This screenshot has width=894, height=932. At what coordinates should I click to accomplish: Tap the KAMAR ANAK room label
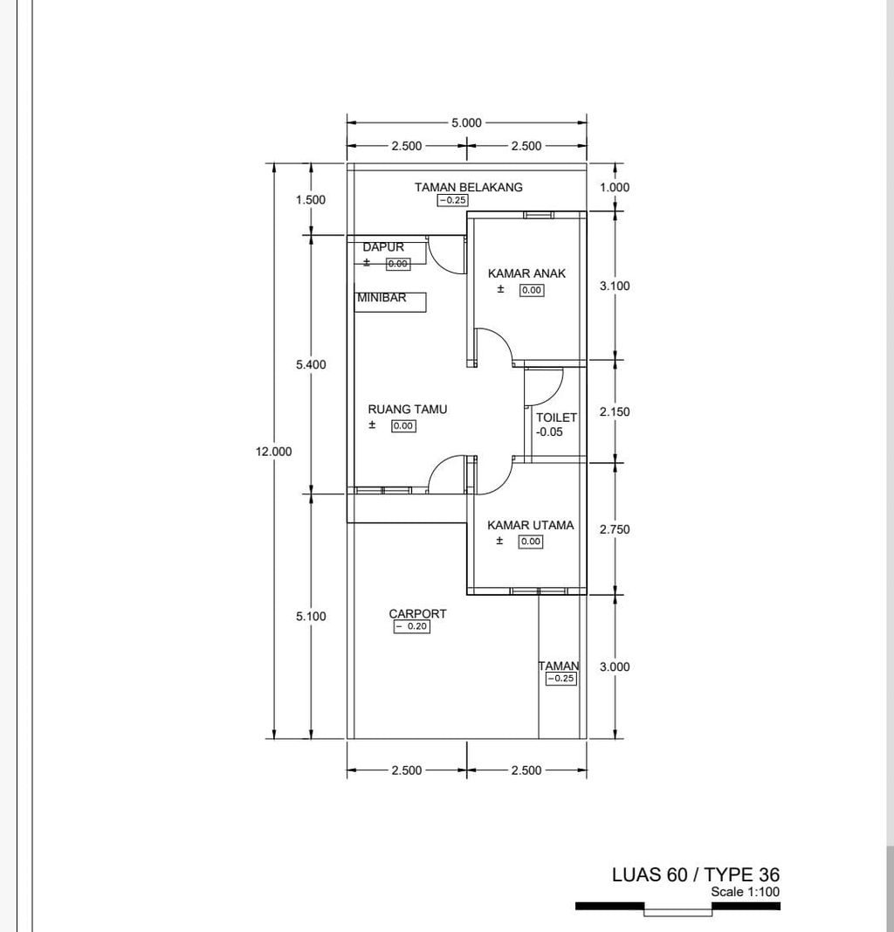pyautogui.click(x=526, y=273)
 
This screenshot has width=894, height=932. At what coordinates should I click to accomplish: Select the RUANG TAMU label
pyautogui.click(x=407, y=409)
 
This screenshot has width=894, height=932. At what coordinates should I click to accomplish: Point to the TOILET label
pyautogui.click(x=556, y=418)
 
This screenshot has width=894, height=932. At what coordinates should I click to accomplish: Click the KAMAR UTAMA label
pyautogui.click(x=530, y=525)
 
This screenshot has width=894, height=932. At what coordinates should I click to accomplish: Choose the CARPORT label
pyautogui.click(x=417, y=614)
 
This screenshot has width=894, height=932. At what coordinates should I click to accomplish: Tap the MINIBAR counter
pyautogui.click(x=391, y=301)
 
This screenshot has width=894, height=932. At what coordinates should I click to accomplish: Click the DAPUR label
pyautogui.click(x=383, y=247)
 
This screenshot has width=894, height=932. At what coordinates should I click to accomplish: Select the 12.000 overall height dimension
pyautogui.click(x=273, y=452)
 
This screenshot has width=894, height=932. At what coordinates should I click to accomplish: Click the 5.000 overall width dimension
pyautogui.click(x=466, y=123)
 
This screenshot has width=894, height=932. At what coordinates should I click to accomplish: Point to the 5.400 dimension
pyautogui.click(x=311, y=364)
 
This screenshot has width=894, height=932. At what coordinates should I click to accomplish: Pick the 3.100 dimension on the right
pyautogui.click(x=615, y=286)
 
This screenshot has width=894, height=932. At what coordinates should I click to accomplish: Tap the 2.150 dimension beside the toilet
pyautogui.click(x=615, y=411)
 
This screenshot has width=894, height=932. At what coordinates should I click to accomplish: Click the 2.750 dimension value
pyautogui.click(x=615, y=529)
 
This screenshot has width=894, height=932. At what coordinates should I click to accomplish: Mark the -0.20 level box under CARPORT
pyautogui.click(x=411, y=626)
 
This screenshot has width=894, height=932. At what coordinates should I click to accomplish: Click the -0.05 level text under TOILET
pyautogui.click(x=549, y=432)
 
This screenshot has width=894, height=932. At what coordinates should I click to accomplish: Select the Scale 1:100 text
pyautogui.click(x=745, y=892)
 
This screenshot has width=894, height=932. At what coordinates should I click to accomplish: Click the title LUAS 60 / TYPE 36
pyautogui.click(x=695, y=874)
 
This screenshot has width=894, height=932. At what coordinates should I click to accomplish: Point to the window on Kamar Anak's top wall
pyautogui.click(x=538, y=215)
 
